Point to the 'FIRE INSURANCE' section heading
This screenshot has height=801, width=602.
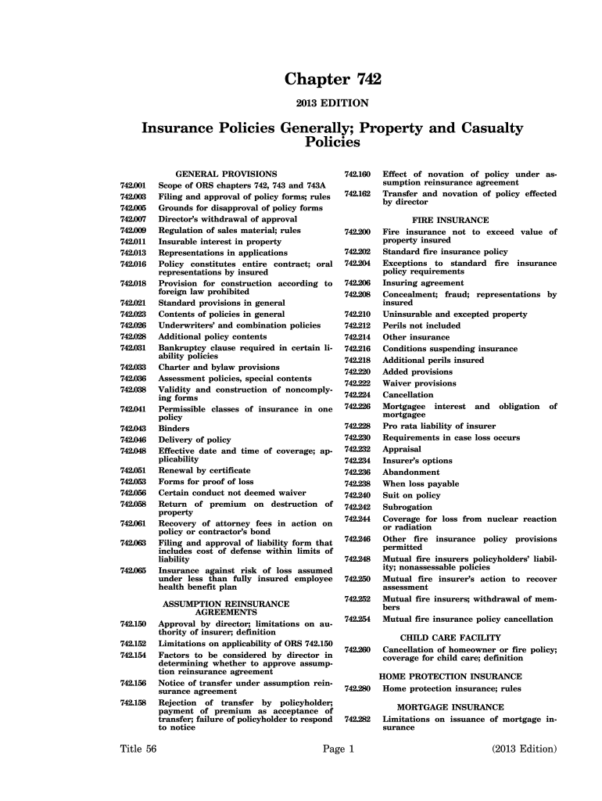coord(450,220)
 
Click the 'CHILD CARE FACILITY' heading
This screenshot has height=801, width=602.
coord(450,638)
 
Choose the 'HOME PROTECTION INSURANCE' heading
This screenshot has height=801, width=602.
coord(450,677)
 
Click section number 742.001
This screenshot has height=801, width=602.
coord(133,185)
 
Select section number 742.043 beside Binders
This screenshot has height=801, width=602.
coord(133,429)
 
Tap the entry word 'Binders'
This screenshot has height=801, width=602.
coord(174,429)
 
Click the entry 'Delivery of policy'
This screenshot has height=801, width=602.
coord(195,440)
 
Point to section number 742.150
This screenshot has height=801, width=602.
coord(133,624)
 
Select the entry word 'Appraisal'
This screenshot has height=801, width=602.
coord(401,449)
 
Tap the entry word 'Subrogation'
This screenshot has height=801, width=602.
coord(407,507)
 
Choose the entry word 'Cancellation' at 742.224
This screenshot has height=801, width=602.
coord(407,395)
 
